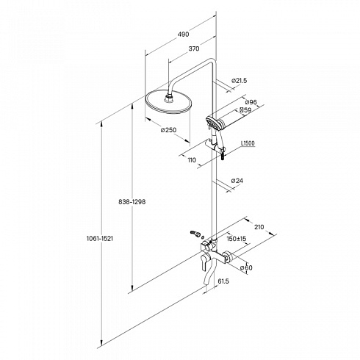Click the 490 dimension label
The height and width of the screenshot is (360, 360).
tap(183, 34)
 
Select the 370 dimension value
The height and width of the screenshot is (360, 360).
tap(194, 48)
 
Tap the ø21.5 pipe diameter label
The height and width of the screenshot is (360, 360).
tap(239, 80)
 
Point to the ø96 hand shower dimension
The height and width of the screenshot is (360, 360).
tap(251, 101)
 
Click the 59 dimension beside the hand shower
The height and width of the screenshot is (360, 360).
tap(245, 110)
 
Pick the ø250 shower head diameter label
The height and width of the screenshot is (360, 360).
tap(168, 130)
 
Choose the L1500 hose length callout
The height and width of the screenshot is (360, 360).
tap(248, 143)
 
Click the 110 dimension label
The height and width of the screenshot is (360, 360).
tap(192, 160)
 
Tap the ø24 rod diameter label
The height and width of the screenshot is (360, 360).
tap(237, 181)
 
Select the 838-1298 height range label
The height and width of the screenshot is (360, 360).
tap(132, 202)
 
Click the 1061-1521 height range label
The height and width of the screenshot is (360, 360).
tap(100, 239)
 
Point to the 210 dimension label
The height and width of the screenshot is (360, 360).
tap(259, 227)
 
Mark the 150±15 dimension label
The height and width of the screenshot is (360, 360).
tap(237, 239)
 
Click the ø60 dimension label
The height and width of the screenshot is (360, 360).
tap(246, 267)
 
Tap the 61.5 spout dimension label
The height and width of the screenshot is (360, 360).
tap(223, 281)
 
